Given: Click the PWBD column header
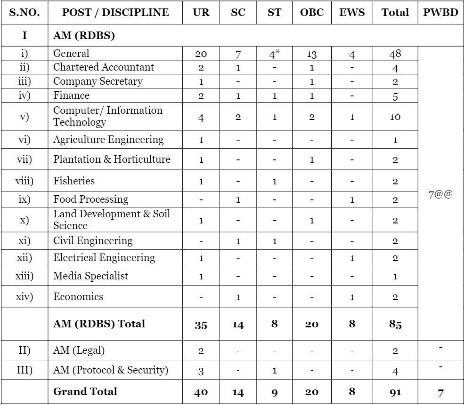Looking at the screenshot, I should [x=441, y=13].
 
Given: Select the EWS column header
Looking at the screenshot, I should [x=351, y=13].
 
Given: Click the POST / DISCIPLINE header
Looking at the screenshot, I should [x=115, y=13].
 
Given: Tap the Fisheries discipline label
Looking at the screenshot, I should [x=74, y=181].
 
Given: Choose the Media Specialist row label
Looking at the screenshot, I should [x=90, y=276].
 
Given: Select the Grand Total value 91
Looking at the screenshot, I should [x=395, y=392].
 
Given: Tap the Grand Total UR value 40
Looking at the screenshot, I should [x=201, y=392].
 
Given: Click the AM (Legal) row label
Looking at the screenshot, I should [x=79, y=349].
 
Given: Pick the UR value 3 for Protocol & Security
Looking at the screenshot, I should [x=201, y=371].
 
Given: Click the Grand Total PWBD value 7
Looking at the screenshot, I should [x=441, y=392].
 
